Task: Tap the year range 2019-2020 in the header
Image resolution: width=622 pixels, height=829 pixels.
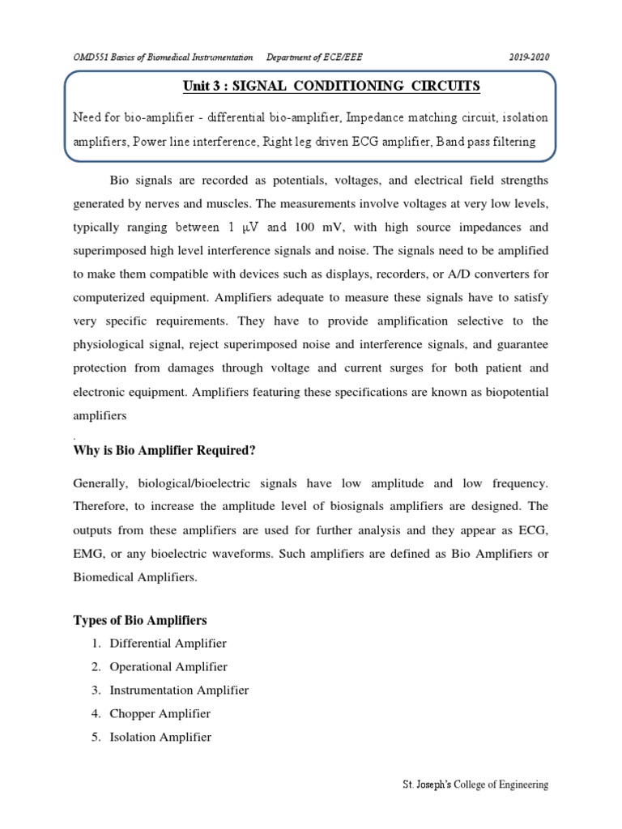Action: [528, 57]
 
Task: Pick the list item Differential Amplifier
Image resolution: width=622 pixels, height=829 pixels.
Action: [168, 644]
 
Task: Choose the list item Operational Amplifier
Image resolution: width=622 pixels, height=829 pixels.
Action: [168, 667]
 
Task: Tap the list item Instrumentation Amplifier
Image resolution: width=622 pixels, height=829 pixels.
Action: [179, 691]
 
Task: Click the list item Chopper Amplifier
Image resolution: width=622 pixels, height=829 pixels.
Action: [160, 714]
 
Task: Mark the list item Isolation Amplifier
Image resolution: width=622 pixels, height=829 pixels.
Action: [160, 738]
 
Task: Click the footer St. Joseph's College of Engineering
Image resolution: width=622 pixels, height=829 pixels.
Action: [475, 785]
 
